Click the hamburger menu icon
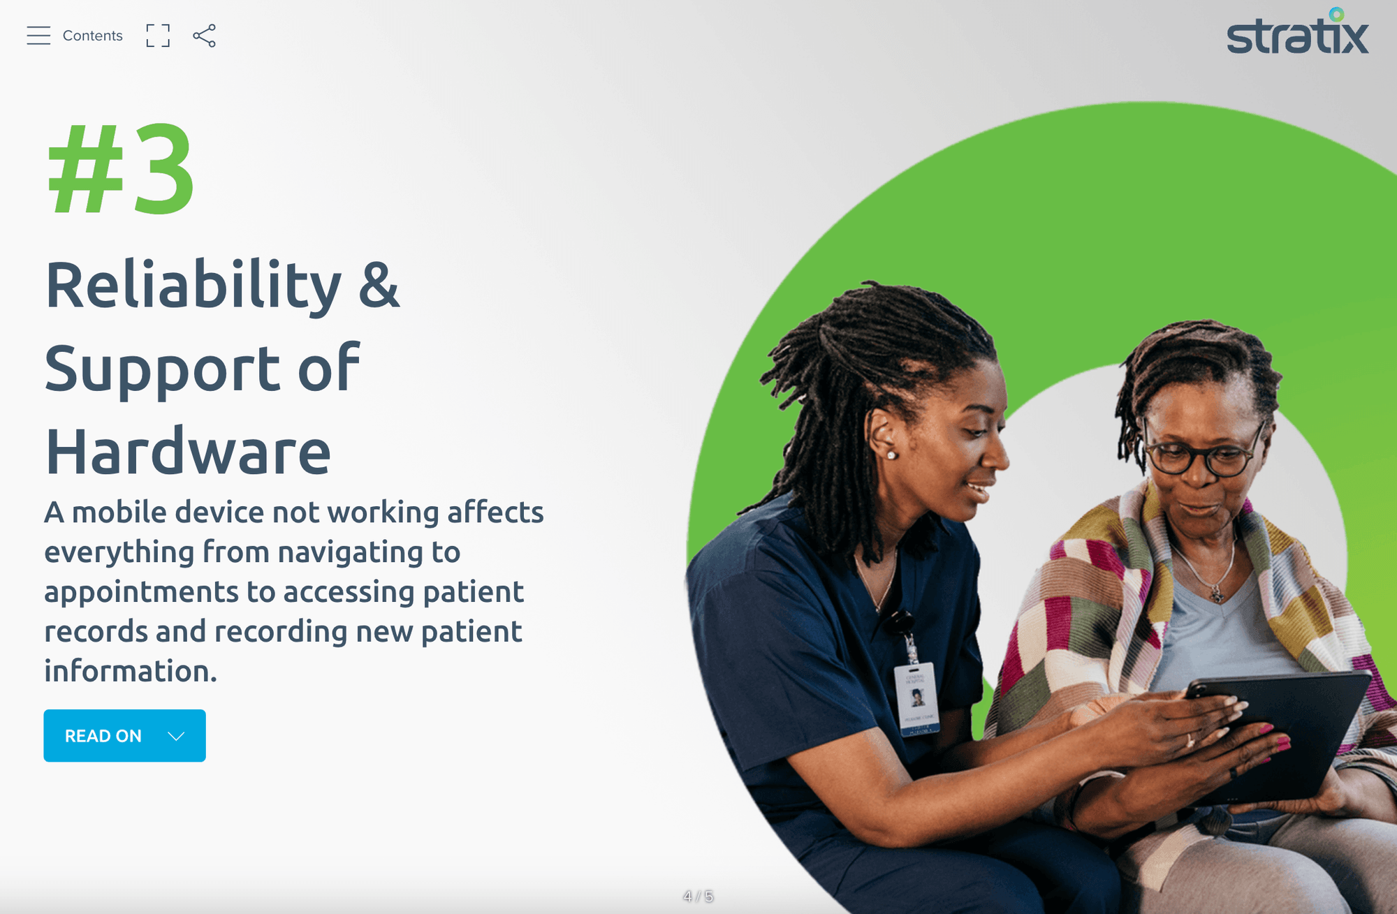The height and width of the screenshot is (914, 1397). (38, 36)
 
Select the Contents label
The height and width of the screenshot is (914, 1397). (92, 36)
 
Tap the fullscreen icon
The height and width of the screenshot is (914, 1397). (158, 36)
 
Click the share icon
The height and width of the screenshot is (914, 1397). (204, 36)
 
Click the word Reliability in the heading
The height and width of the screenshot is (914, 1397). (193, 286)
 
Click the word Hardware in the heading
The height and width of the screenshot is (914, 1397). (188, 452)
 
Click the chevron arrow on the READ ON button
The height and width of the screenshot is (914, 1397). (176, 736)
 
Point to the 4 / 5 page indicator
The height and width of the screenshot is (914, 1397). (698, 896)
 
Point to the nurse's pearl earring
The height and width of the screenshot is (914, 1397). (892, 455)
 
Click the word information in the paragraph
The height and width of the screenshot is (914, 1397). (131, 671)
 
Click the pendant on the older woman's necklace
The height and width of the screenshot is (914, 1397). (1217, 596)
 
